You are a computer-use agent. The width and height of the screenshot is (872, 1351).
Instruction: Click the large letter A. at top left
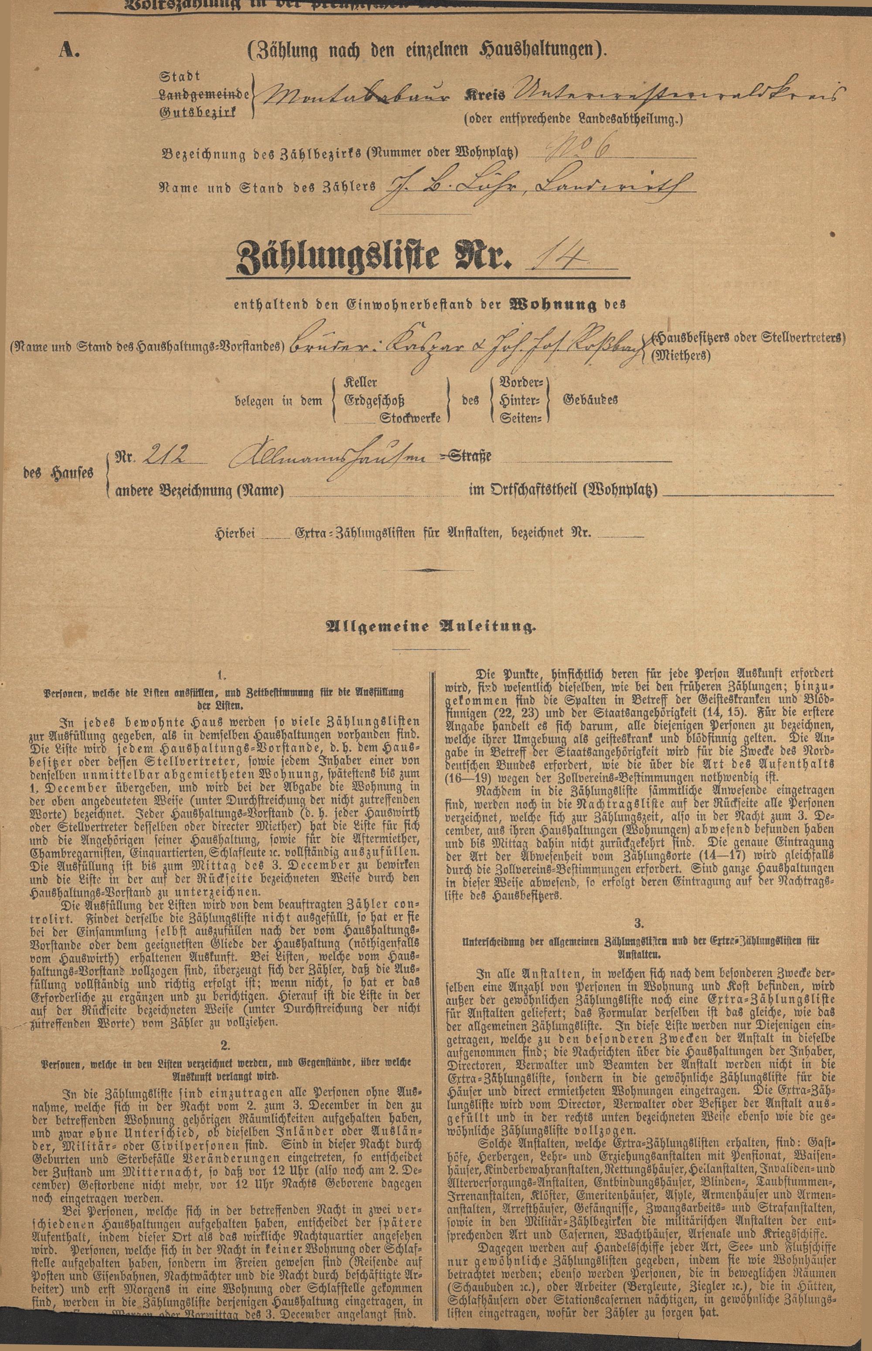71,51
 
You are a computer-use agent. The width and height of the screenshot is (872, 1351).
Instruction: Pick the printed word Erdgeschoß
374,400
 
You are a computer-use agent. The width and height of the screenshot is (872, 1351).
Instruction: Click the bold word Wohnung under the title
553,306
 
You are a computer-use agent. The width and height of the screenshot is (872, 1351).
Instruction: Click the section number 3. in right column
638,924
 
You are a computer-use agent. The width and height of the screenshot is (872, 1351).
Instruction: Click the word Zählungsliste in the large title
334,257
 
